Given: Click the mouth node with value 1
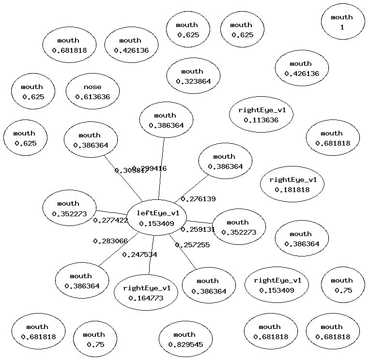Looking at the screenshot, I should coord(342,22).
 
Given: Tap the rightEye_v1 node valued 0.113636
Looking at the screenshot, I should coord(261,115).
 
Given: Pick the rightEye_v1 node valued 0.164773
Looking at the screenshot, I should coord(146,293).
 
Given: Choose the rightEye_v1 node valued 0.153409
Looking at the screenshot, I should coord(277,285).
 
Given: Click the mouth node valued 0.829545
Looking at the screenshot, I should coord(185,339).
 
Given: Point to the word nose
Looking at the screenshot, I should coord(92,87).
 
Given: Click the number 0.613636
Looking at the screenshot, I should coord(92,97).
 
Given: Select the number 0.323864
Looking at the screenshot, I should coord(193,81).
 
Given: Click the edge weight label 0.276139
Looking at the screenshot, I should coord(198,199).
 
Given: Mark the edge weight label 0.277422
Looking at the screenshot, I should coord(110,220).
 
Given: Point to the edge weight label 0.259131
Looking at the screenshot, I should coord(198,229).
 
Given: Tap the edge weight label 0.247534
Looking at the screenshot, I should coord(139,255).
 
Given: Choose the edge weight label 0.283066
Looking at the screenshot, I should coord(110,241).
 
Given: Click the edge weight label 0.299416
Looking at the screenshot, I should coord(151,168).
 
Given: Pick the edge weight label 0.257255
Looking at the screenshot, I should coord(192,245).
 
